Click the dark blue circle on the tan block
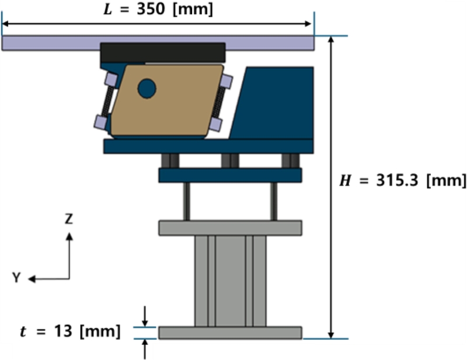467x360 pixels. [x=147, y=89]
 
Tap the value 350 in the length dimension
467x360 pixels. [x=151, y=9]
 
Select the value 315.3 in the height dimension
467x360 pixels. [x=398, y=180]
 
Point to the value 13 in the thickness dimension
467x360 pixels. [x=63, y=331]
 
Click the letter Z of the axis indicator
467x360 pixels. [x=69, y=219]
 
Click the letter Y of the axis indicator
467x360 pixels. [x=16, y=278]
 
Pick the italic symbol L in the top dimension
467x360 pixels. [x=107, y=9]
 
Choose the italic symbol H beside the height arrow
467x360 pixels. [x=345, y=180]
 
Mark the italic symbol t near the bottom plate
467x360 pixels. [x=23, y=331]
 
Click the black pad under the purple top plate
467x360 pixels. [x=163, y=53]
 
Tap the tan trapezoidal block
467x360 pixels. [x=167, y=100]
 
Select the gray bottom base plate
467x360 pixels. [x=230, y=333]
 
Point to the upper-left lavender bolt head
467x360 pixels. [x=111, y=79]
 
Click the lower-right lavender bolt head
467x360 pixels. [x=215, y=124]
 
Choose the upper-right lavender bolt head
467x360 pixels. [x=226, y=81]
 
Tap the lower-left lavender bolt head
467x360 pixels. [x=100, y=122]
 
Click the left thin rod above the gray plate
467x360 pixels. [x=186, y=201]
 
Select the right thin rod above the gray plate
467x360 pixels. [x=274, y=201]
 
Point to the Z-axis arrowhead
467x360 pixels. [x=69, y=236]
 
